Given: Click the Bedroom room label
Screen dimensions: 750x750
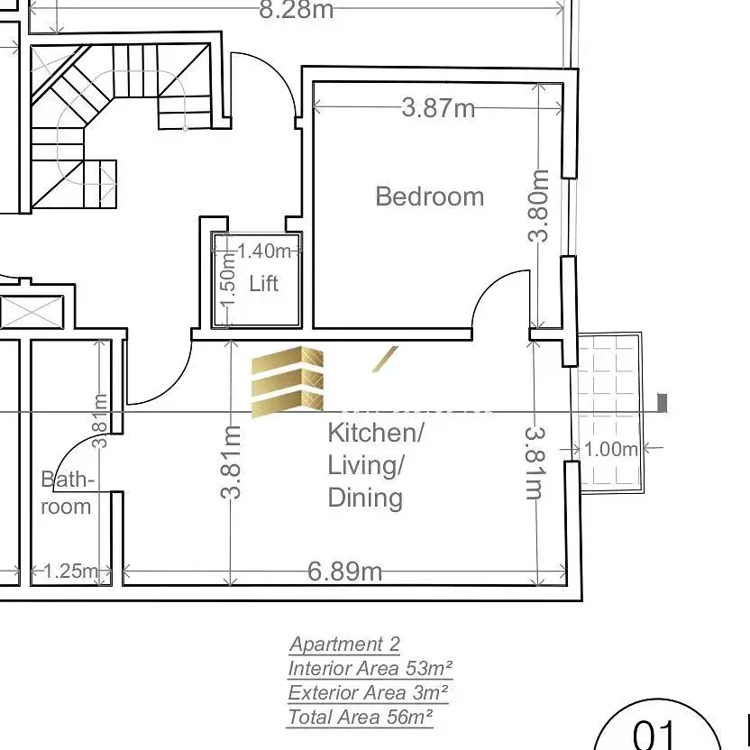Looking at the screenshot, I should click(x=429, y=197).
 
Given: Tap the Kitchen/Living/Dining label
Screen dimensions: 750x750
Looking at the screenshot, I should click(x=375, y=465).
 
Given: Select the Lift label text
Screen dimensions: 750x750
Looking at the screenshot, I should click(x=263, y=284).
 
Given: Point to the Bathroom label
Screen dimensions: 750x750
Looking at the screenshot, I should click(x=67, y=493).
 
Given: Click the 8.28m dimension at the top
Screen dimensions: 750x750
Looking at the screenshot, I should click(x=296, y=10).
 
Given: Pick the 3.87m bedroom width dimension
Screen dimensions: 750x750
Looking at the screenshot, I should click(x=438, y=108).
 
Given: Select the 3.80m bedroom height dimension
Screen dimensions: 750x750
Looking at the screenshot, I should click(x=539, y=206).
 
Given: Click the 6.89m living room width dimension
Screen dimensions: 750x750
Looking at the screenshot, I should click(x=344, y=571).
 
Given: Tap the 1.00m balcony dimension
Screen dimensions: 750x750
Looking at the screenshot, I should click(x=611, y=449).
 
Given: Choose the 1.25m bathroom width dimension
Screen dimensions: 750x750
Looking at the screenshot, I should click(x=70, y=571).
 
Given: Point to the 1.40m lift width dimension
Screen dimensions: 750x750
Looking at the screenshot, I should click(x=264, y=251).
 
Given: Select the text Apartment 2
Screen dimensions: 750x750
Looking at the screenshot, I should click(x=344, y=645).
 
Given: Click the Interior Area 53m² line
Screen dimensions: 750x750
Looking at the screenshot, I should click(x=370, y=669).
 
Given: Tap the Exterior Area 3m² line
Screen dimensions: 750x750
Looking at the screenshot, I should click(x=368, y=693).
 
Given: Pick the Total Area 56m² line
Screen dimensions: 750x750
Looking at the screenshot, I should click(x=361, y=718).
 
